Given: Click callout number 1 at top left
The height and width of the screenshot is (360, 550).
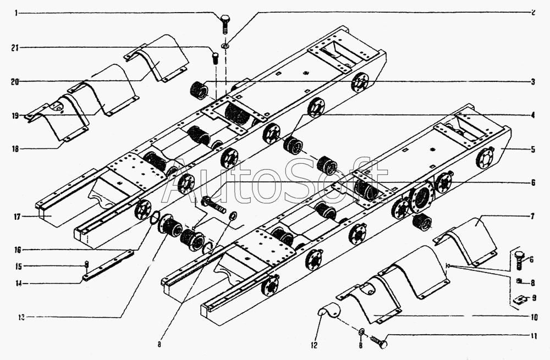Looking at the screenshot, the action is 16,13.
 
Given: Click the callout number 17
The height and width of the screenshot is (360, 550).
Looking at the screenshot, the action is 17,217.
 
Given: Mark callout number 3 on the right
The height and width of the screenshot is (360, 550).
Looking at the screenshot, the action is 533,82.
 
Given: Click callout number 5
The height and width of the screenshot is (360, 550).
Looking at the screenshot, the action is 533,148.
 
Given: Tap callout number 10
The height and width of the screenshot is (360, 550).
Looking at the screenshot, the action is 533,318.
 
